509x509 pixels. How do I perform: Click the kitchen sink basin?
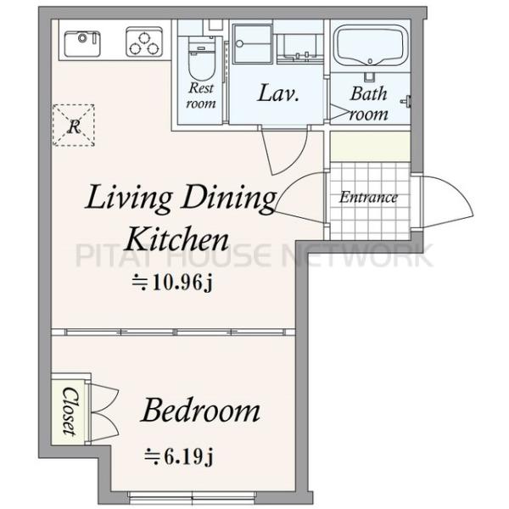pyautogui.click(x=82, y=43)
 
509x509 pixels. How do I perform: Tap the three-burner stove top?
pyautogui.click(x=144, y=42)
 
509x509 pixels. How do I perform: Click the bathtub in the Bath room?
pyautogui.click(x=371, y=45)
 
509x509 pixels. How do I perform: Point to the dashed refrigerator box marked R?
pyautogui.click(x=74, y=126)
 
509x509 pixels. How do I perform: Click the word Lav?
pyautogui.click(x=278, y=93)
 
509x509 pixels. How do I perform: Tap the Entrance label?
pyautogui.click(x=368, y=198)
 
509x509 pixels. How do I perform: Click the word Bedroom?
pyautogui.click(x=201, y=410)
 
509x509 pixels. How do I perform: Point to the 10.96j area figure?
pyautogui.click(x=172, y=283)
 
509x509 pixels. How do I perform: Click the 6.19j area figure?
pyautogui.click(x=179, y=456)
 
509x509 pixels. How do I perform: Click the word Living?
pyautogui.click(x=129, y=199)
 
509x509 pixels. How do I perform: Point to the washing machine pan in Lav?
pyautogui.click(x=253, y=44)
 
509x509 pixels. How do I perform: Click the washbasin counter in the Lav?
pyautogui.click(x=300, y=48)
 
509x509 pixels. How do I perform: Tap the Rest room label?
pyautogui.click(x=201, y=96)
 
